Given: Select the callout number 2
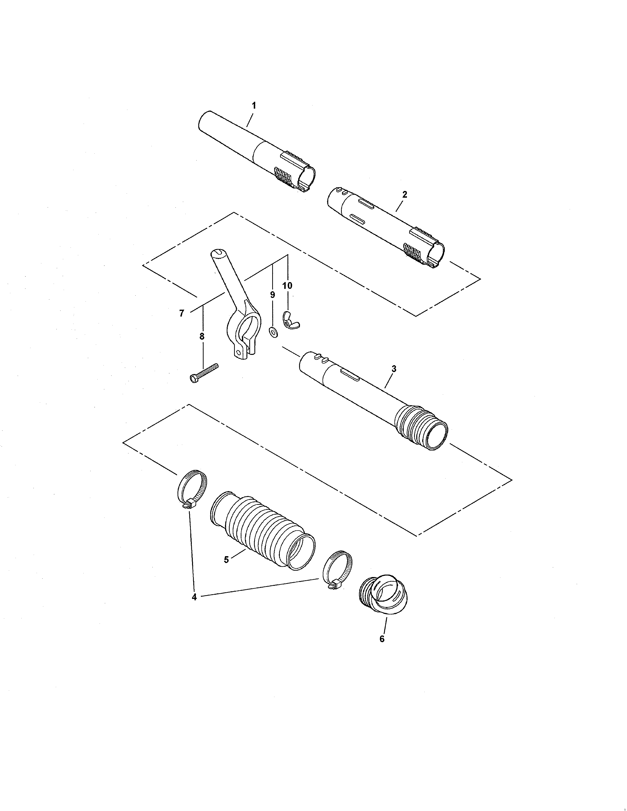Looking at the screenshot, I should (x=404, y=194).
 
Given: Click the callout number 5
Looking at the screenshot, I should (x=226, y=570).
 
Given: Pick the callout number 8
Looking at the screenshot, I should (x=202, y=336).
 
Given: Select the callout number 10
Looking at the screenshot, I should (x=287, y=286).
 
